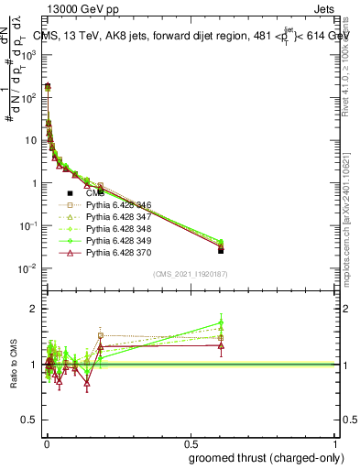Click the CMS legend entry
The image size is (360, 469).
click(94, 193)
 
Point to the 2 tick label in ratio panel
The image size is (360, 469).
click(32, 309)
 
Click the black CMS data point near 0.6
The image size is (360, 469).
click(221, 250)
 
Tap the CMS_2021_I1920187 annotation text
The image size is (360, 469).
click(189, 274)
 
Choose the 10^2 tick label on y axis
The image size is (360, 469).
click(29, 97)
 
